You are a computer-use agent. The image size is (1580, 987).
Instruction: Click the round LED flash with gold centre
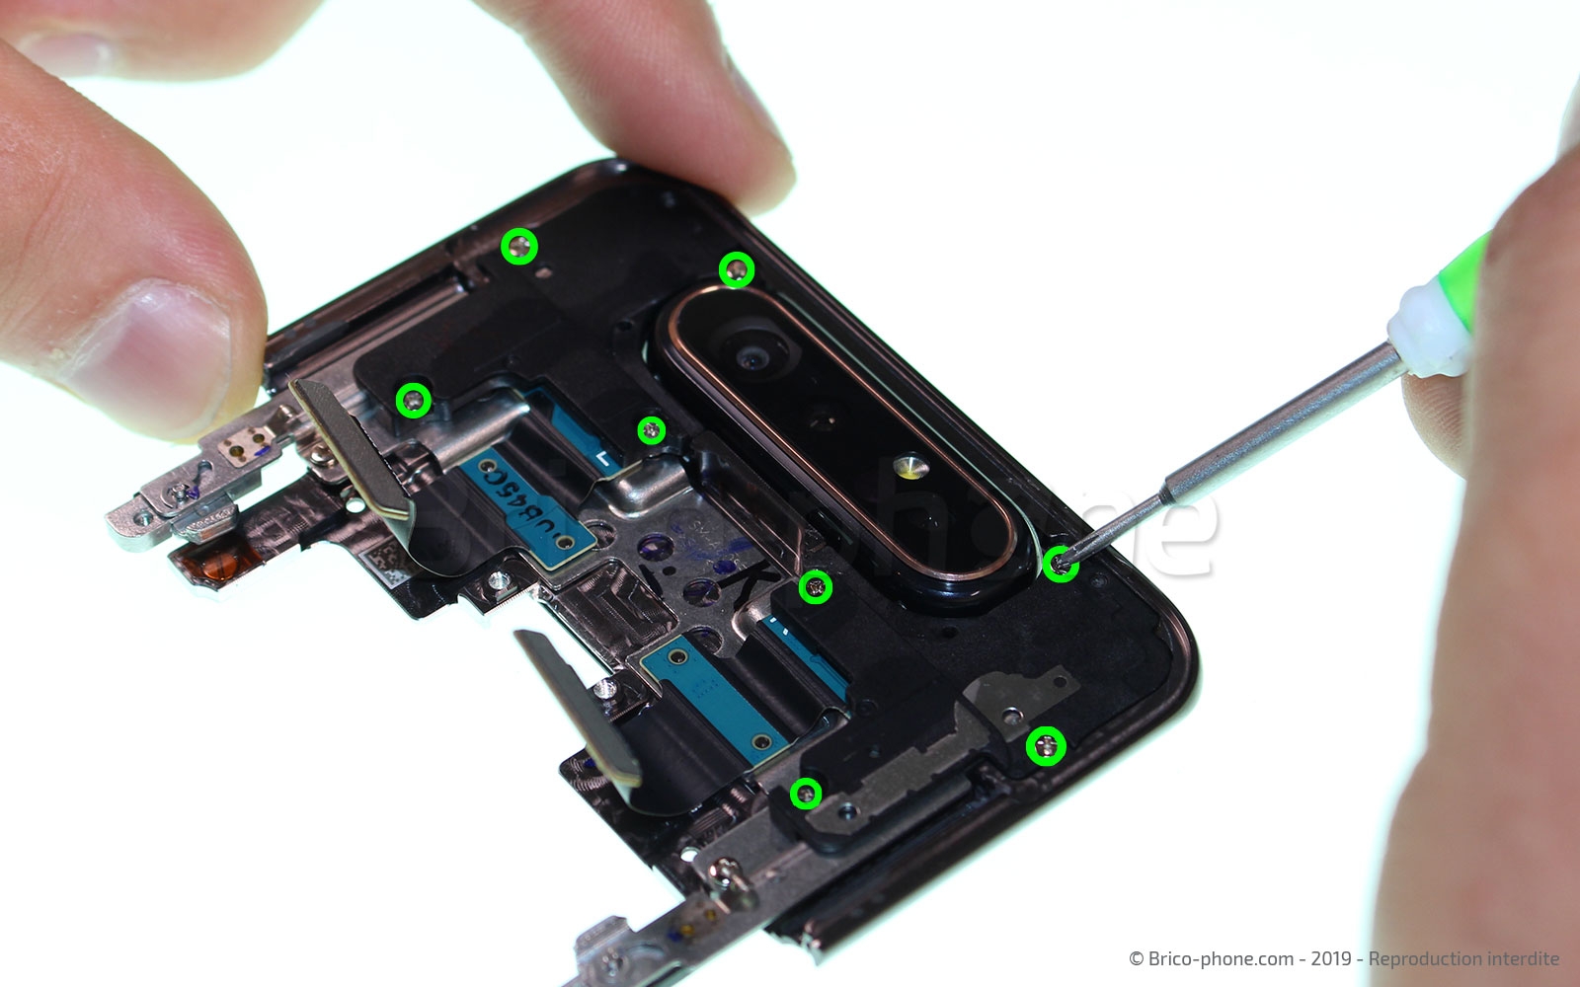point(908,464)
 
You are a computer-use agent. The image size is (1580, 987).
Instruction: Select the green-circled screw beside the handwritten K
point(815,588)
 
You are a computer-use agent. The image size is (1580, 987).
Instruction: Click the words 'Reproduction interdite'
point(1463,958)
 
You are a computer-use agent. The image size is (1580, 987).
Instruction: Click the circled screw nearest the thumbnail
point(414,400)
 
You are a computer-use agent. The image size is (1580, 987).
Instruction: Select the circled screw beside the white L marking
point(651,429)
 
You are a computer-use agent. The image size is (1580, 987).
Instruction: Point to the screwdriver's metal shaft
point(1274,435)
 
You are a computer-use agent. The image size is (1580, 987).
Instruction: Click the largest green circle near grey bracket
point(1046,746)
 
